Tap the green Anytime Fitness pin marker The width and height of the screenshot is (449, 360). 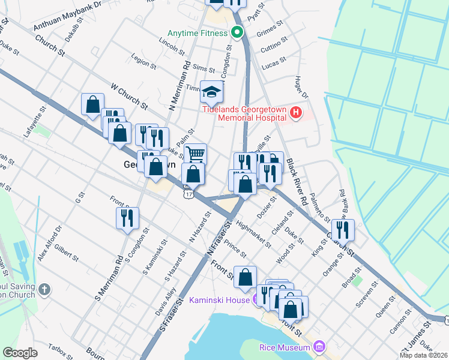(x=237, y=32)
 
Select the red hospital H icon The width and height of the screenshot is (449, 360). (x=295, y=113)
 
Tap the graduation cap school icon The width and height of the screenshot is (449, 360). (x=211, y=92)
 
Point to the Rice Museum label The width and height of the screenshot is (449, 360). (x=285, y=347)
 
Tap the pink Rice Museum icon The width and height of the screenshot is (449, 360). (x=319, y=347)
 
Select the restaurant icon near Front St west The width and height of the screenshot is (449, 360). (x=127, y=218)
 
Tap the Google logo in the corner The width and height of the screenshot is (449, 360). (x=20, y=352)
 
